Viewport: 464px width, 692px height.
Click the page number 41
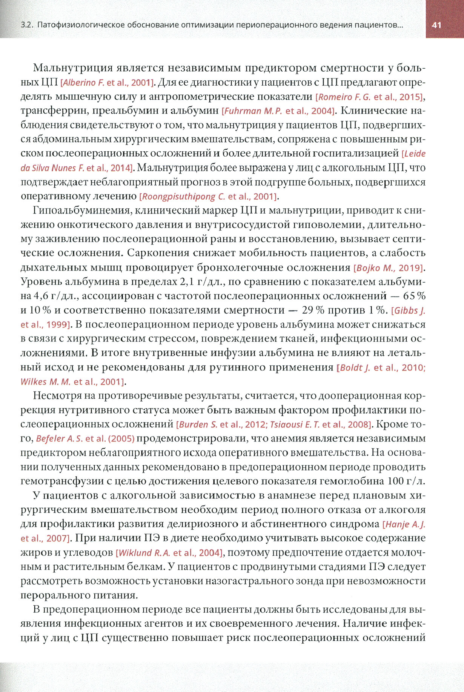tap(436, 25)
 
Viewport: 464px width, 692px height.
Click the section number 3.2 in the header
tap(27, 25)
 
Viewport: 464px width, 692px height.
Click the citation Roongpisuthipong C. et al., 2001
tap(209, 196)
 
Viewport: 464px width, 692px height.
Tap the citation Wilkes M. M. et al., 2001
tap(72, 381)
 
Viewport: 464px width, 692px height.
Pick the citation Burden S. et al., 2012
tap(222, 424)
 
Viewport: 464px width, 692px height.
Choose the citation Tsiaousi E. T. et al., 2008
tap(320, 424)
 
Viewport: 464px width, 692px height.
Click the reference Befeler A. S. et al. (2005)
tap(85, 439)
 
